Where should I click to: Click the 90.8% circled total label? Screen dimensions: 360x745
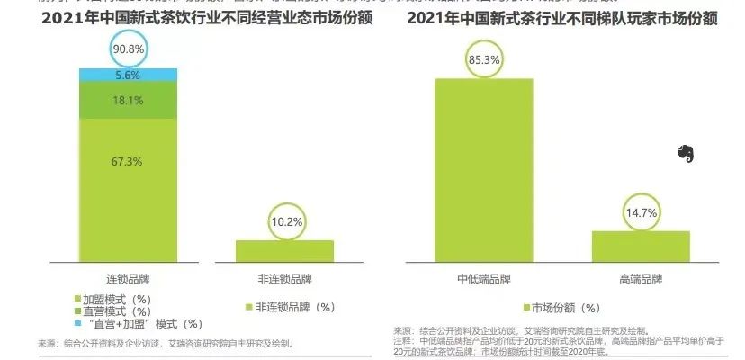[x=129, y=47]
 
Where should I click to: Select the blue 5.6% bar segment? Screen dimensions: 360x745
[x=129, y=76]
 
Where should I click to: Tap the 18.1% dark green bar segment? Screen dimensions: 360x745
[x=129, y=101]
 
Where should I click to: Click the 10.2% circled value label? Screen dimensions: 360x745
[x=285, y=220]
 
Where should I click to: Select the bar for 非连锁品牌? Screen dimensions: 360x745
[x=285, y=251]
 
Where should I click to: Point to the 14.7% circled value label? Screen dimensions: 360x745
[x=641, y=213]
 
